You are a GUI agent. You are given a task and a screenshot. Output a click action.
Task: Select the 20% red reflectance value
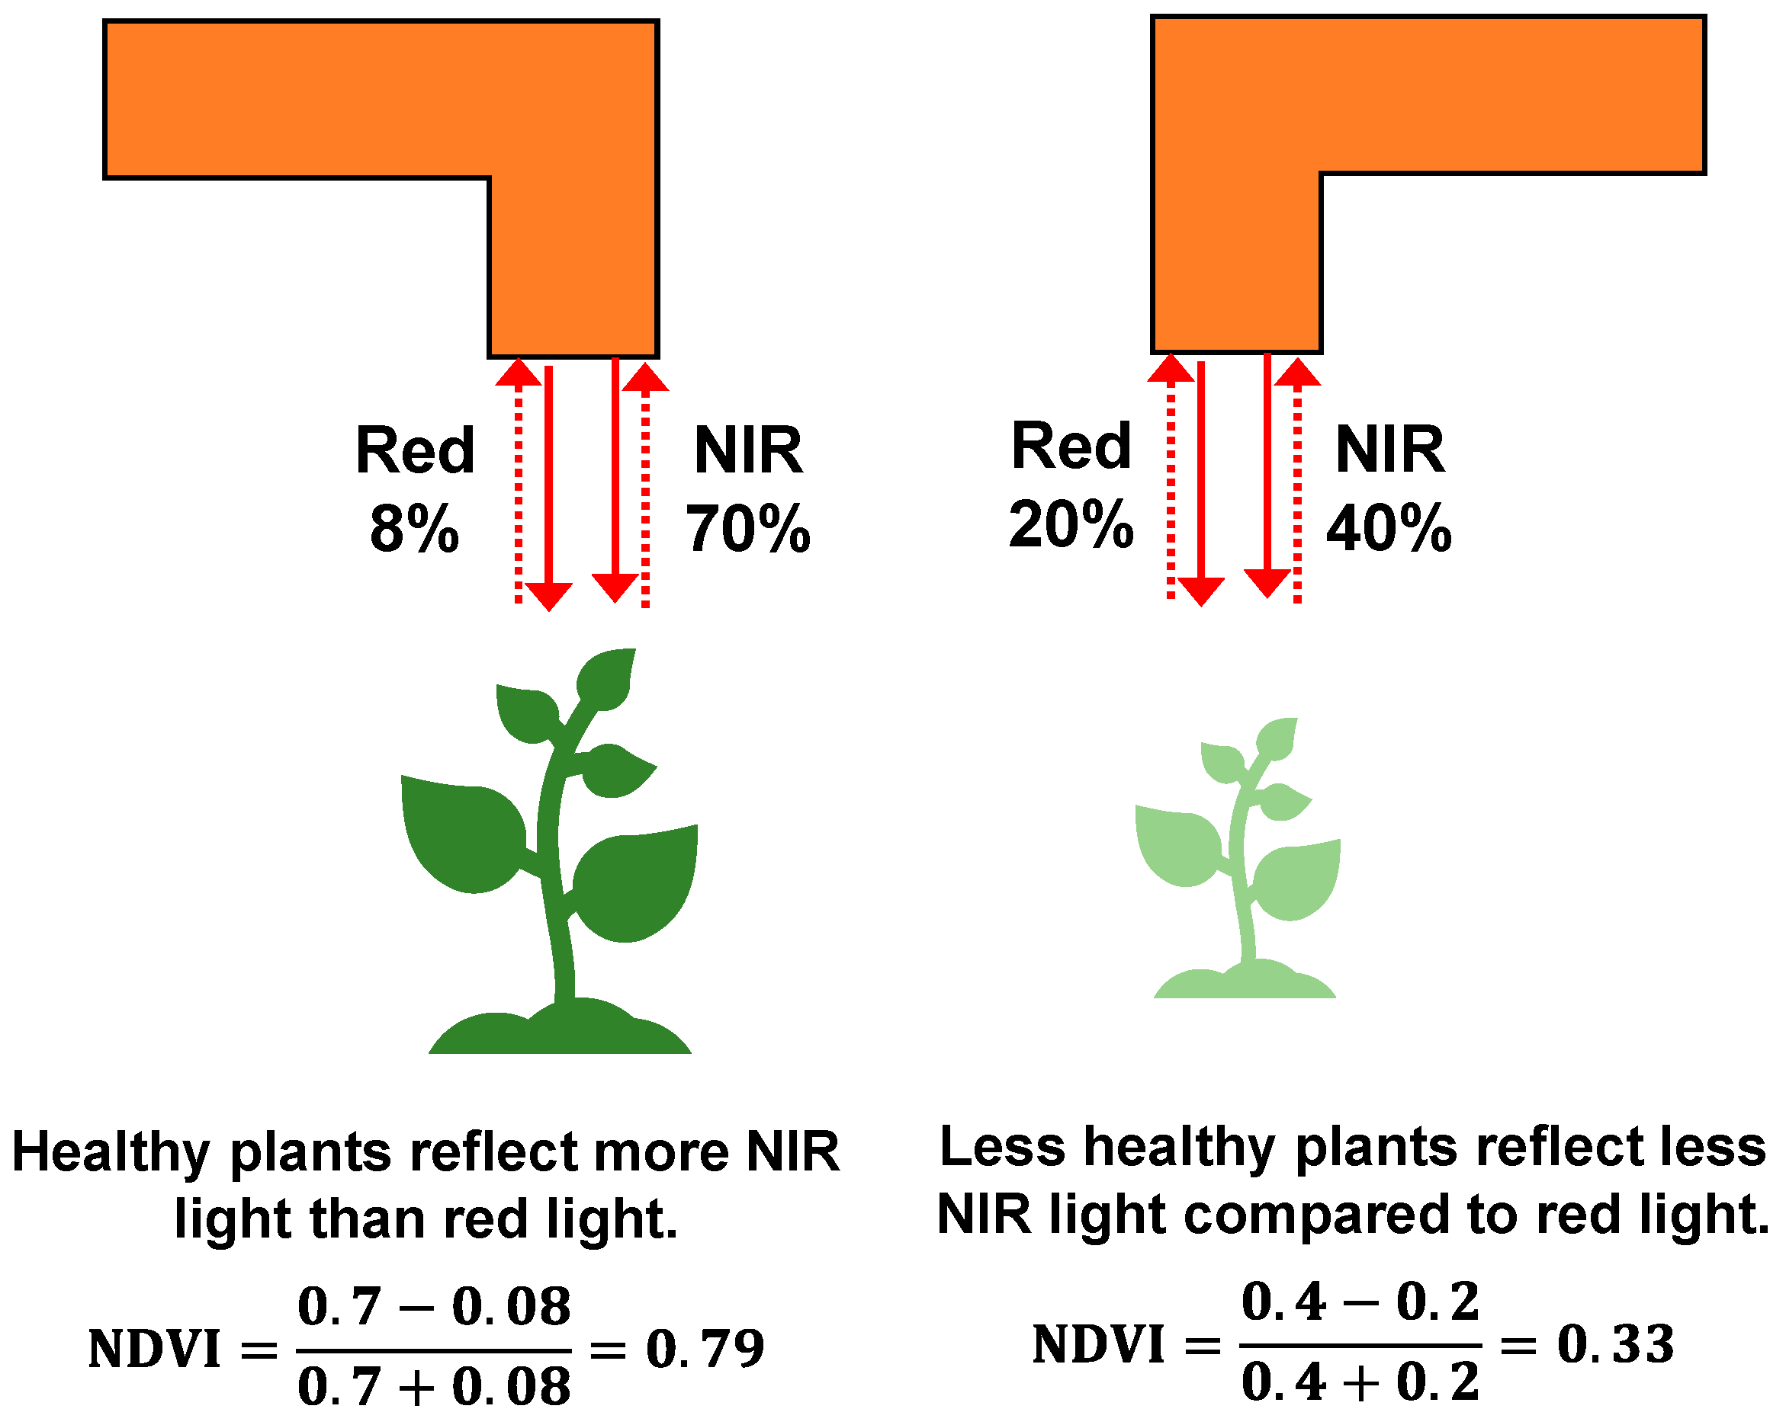(x=1069, y=524)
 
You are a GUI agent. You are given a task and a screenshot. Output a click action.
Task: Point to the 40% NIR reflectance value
(x=1389, y=528)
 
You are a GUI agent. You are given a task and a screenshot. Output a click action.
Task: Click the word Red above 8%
(x=414, y=451)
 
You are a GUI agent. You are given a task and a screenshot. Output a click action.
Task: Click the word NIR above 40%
(x=1389, y=450)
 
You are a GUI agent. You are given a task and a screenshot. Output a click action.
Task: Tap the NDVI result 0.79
(x=704, y=1348)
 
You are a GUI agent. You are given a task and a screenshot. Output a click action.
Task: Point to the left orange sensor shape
(x=381, y=99)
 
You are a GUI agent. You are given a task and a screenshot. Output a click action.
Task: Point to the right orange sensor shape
(x=1425, y=95)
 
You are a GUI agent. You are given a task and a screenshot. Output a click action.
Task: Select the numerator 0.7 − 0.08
(x=434, y=1307)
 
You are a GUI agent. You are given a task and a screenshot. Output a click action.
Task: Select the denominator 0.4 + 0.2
(x=1360, y=1382)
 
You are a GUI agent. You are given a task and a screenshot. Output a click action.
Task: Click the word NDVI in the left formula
(x=154, y=1349)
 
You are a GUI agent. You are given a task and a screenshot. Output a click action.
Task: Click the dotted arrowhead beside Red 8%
(x=518, y=373)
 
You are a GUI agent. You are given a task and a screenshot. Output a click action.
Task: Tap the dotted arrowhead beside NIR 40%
(x=1297, y=373)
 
